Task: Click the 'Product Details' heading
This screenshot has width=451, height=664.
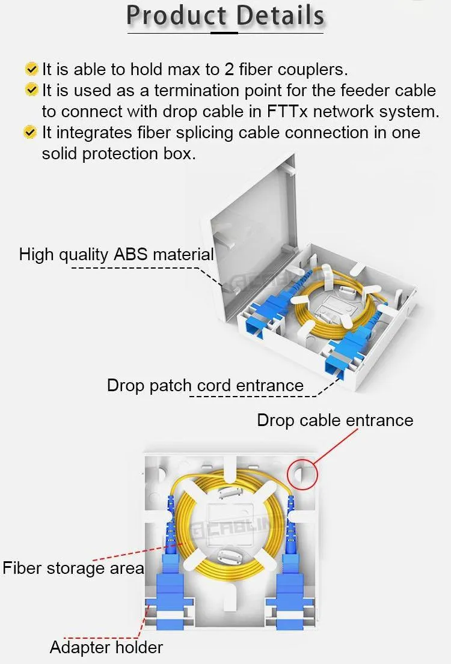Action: [x=226, y=16]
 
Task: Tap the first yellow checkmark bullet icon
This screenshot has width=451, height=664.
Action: [x=31, y=69]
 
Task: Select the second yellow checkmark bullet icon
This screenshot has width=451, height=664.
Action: [x=31, y=90]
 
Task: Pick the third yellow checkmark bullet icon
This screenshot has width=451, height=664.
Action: [x=31, y=132]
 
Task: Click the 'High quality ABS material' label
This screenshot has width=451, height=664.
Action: [x=116, y=254]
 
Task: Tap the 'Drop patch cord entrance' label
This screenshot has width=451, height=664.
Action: [x=205, y=385]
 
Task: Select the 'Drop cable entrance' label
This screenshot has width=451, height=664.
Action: [x=335, y=420]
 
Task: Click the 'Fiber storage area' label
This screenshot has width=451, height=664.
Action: [x=73, y=568]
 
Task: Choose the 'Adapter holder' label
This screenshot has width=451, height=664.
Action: [x=106, y=647]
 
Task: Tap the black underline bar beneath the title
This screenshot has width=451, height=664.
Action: [x=225, y=32]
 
